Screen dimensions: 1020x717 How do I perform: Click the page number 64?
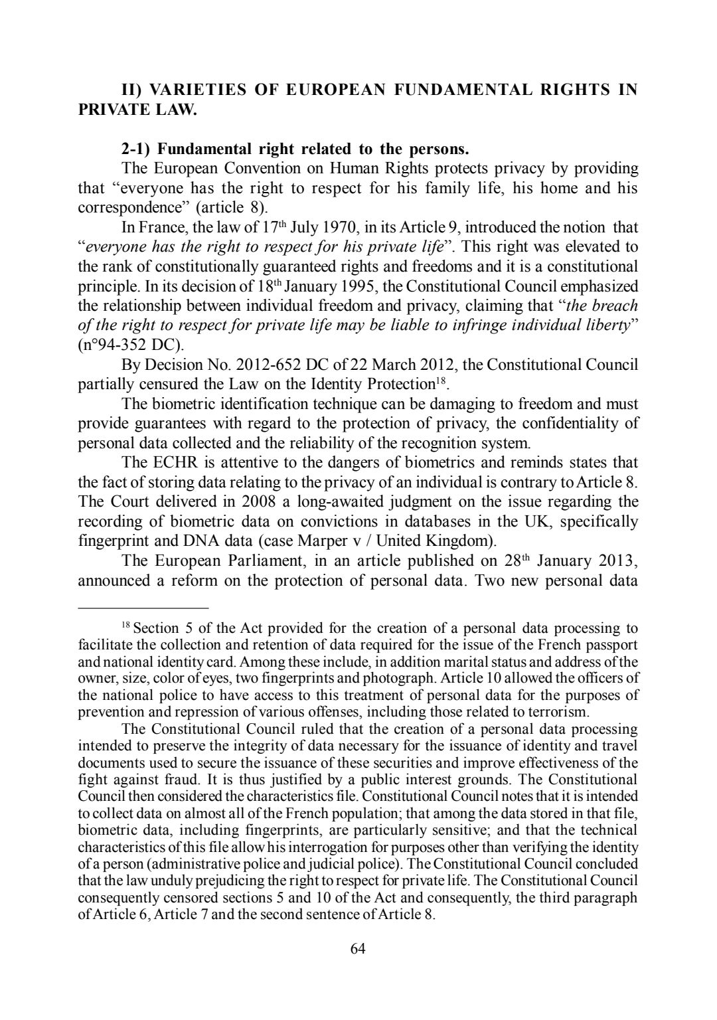(x=358, y=948)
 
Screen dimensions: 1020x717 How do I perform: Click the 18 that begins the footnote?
(x=126, y=626)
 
